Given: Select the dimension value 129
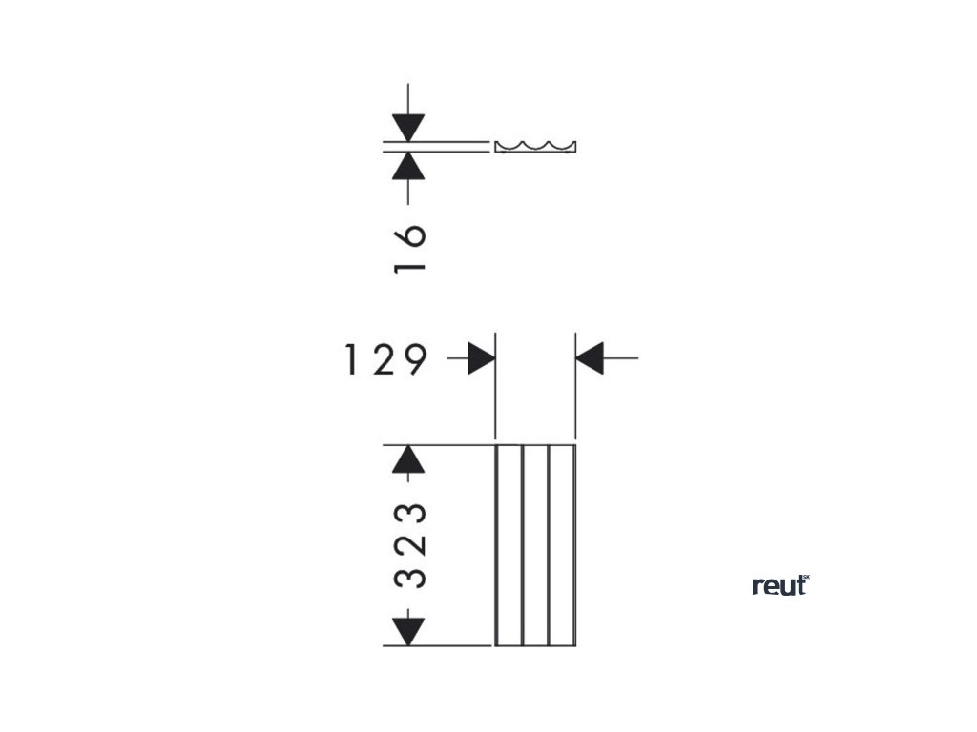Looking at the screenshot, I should (x=384, y=359).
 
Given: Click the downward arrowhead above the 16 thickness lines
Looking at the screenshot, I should (x=408, y=127).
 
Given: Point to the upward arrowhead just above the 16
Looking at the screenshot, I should (x=408, y=166).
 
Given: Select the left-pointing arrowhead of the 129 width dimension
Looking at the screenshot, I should (x=592, y=359).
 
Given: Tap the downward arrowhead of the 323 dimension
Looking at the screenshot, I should (x=408, y=630).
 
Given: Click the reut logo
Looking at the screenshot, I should (x=780, y=585).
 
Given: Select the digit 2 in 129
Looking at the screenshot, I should (x=384, y=359).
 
